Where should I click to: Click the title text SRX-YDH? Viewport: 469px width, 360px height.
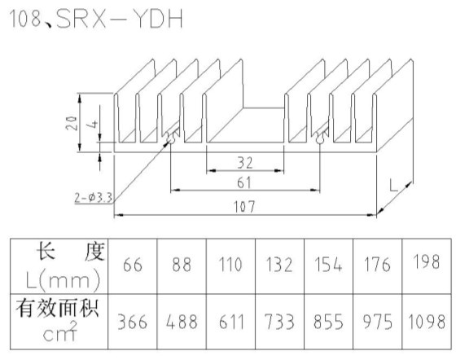point(119,19)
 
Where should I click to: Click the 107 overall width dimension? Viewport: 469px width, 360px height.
point(244,207)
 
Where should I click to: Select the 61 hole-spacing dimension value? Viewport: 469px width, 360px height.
point(244,182)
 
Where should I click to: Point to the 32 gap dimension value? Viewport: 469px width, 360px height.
point(245,163)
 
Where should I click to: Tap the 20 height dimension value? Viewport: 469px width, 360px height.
point(72,123)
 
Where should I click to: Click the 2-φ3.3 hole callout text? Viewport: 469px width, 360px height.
point(94,197)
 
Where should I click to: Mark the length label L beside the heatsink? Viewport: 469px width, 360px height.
point(394,185)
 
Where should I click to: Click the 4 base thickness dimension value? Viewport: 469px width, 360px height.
point(94,124)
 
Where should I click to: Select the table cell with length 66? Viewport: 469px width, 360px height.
point(133,265)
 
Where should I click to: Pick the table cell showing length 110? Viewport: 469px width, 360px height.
point(230,265)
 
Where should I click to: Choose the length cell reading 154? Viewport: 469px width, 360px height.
point(328,265)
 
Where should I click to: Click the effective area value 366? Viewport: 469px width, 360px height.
point(132,322)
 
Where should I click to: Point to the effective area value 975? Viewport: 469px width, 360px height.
point(378,322)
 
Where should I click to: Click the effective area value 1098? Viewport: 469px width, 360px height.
point(427,322)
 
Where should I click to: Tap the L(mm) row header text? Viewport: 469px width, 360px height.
point(63,280)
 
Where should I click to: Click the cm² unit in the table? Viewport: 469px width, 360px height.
point(59,331)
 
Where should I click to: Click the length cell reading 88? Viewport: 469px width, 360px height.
point(182,265)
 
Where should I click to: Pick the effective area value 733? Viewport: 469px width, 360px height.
point(279,322)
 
